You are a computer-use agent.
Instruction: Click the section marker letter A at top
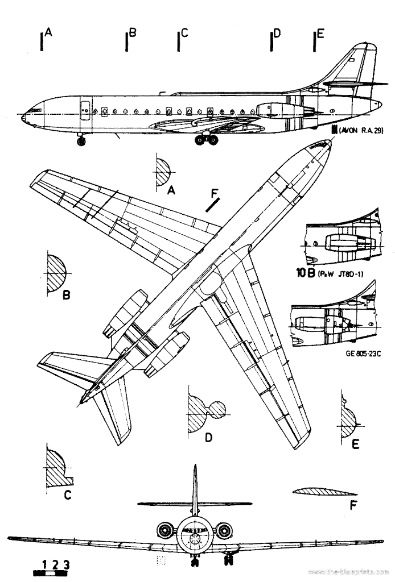click(x=48, y=34)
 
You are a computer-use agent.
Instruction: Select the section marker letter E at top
click(x=320, y=34)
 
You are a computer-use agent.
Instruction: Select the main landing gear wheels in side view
click(x=206, y=139)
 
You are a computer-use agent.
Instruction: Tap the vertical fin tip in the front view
click(x=195, y=467)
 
